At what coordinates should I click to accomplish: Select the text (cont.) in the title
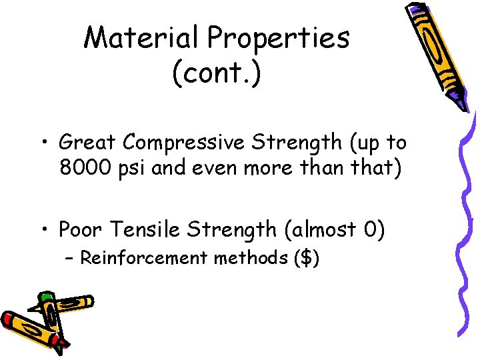(x=217, y=73)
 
